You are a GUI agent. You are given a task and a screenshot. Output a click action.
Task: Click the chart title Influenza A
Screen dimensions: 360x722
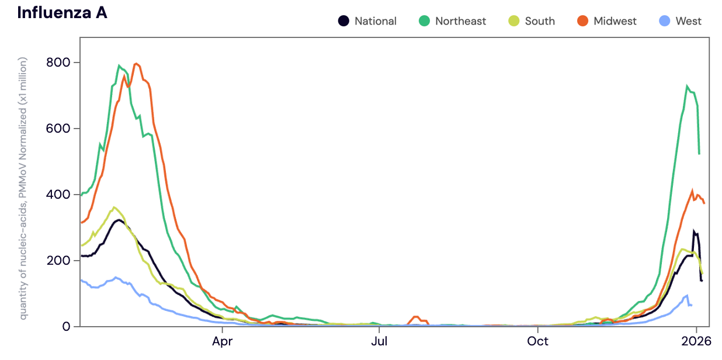point(62,12)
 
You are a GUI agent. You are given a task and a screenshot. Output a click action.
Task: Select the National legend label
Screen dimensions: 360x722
point(375,21)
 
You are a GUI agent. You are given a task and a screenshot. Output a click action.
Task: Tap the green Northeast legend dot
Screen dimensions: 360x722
point(424,21)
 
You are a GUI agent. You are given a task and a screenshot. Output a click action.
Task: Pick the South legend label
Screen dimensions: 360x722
point(539,21)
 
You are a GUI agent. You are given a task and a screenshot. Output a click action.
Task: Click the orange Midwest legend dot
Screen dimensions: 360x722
point(582,21)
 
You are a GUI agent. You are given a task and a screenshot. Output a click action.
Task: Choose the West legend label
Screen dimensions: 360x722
point(688,21)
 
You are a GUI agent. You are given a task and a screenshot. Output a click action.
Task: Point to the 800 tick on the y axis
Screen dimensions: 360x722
point(58,63)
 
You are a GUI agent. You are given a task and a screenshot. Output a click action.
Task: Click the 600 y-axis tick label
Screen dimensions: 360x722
point(58,129)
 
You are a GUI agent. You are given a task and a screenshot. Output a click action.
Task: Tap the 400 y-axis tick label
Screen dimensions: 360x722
point(58,195)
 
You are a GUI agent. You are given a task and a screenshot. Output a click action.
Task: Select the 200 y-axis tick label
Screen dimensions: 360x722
point(58,261)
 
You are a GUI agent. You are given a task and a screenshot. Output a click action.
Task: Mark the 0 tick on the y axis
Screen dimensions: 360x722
point(66,327)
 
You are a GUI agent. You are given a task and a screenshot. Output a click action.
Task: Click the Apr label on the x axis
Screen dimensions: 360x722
point(223,341)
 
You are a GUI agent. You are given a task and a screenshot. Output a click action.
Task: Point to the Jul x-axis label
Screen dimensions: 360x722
point(380,341)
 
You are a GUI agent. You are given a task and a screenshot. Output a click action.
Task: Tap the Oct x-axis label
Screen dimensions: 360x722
point(537,341)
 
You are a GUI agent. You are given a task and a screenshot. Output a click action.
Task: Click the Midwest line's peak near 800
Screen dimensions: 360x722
point(136,64)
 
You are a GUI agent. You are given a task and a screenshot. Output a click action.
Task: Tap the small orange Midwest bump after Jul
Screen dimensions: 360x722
point(416,317)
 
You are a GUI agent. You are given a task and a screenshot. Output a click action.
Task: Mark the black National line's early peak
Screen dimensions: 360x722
point(119,220)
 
